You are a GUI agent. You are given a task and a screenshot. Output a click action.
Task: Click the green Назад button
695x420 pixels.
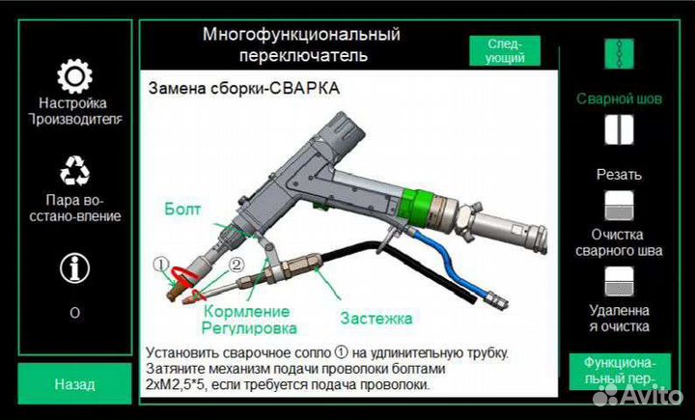[74, 383]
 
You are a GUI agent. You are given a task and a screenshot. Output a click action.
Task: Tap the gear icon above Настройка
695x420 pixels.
[74, 75]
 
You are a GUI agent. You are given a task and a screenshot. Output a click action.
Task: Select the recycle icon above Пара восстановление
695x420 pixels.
[74, 171]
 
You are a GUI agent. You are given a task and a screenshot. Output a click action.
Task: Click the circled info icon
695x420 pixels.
[74, 267]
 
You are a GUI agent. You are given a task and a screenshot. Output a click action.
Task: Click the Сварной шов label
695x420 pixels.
[619, 98]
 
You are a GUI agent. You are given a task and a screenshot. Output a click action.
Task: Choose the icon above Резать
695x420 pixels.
[618, 129]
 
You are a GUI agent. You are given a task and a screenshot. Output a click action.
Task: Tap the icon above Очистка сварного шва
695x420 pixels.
[618, 204]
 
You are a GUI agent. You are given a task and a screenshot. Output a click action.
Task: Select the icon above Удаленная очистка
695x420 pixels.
[618, 281]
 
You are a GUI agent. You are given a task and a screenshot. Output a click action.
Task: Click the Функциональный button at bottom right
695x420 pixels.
[619, 369]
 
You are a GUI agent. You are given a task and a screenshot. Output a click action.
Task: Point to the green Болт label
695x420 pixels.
[182, 208]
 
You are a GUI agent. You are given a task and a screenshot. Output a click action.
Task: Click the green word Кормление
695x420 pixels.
[246, 311]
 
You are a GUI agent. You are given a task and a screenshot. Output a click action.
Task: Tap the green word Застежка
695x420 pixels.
[375, 318]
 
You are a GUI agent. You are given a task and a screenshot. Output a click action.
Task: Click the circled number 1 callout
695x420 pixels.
[162, 264]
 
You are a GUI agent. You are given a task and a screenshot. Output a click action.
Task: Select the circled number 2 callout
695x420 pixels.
[236, 264]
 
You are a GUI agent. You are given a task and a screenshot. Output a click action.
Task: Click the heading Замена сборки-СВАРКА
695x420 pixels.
[243, 89]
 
